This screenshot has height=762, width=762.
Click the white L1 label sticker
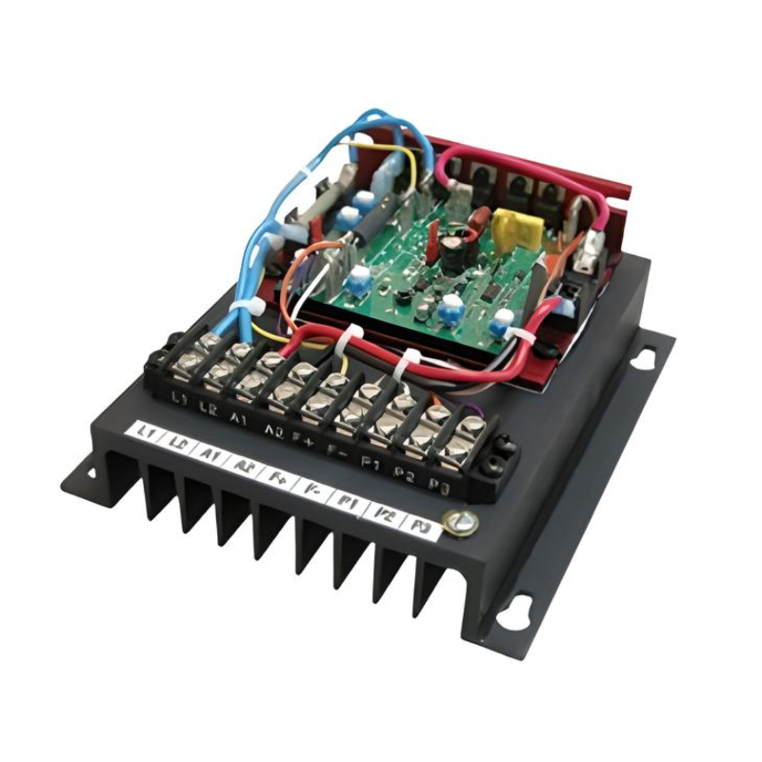145,432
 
